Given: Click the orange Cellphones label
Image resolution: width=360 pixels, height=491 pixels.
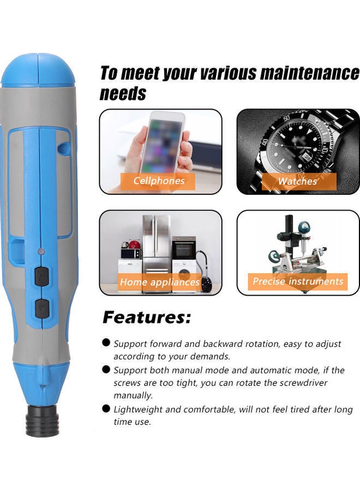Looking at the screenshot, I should pos(159,181).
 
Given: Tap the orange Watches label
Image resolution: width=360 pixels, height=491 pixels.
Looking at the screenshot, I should pos(298,181).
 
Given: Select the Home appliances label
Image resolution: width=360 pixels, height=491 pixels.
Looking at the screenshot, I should pos(160,282).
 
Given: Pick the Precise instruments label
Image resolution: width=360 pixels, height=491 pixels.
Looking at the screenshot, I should pos(298,282).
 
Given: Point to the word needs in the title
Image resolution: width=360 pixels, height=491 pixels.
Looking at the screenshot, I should pos(123,93).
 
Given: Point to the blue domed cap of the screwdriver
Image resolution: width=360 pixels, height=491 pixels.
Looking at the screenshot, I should pos(38,69).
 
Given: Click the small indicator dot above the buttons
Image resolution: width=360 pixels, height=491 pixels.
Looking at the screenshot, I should pos(41,252).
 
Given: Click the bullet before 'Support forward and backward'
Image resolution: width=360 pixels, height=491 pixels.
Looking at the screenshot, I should pos(106,343).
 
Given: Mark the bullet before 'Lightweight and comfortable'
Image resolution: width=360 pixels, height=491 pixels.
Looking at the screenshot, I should pos(106,409).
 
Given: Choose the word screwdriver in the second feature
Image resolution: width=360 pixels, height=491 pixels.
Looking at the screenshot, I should pos(302,382).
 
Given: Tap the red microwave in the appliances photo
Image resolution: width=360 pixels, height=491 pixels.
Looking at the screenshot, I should pos(130,253).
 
